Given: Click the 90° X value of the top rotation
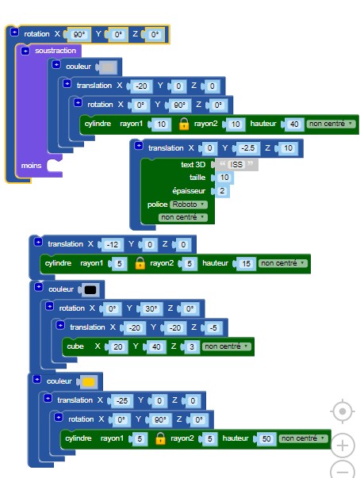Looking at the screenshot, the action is click(x=79, y=34).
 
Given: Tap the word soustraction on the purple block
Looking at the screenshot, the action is click(x=56, y=51).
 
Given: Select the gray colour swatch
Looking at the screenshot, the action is click(x=108, y=67).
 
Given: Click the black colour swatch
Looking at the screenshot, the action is click(x=90, y=290).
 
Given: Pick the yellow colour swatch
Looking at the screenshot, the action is click(x=88, y=382).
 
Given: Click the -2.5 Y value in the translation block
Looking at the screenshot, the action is click(x=247, y=148).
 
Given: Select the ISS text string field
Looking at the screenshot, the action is click(x=236, y=165).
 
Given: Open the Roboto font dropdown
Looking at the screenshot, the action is click(x=189, y=205).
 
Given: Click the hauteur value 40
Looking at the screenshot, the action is click(x=294, y=124).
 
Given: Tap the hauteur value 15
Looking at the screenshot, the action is click(x=246, y=264).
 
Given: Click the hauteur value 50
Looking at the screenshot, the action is click(x=266, y=438).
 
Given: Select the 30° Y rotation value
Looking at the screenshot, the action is click(x=151, y=309).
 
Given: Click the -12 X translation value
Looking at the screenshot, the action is click(x=112, y=244).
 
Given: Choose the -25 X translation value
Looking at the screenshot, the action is click(x=122, y=401).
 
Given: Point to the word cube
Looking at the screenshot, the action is click(x=75, y=346).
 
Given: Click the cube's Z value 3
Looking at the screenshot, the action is click(x=191, y=347).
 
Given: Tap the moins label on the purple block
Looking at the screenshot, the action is click(x=31, y=166).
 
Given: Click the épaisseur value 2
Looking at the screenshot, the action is click(x=222, y=191).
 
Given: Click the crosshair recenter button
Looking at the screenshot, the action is click(x=343, y=411).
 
